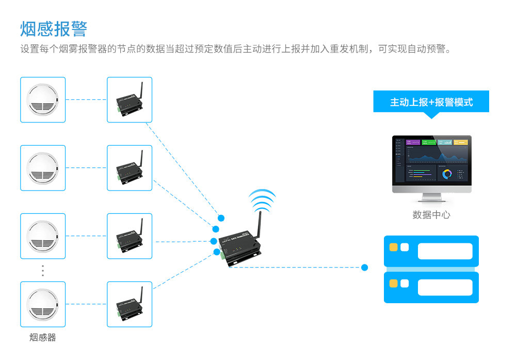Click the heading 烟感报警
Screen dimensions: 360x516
point(54,29)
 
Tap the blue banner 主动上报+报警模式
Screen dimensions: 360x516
point(431,102)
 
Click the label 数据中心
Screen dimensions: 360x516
point(431,215)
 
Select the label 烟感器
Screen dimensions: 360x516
point(42,338)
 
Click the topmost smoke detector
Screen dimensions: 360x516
point(43,100)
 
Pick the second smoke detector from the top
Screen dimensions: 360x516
point(43,168)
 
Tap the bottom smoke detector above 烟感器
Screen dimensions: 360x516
point(43,304)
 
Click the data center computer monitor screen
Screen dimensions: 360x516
point(431,161)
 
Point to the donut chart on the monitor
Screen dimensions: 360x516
point(447,174)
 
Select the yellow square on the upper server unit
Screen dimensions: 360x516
point(393,247)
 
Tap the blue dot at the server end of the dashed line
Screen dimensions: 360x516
point(365,268)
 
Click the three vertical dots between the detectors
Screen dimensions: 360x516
point(43,271)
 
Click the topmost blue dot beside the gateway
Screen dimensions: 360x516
point(221,218)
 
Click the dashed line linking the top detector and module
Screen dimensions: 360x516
point(86,100)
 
